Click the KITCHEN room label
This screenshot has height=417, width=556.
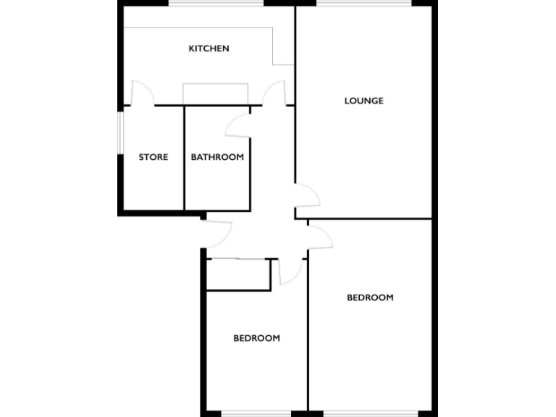tap(208, 49)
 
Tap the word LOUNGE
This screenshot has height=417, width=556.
tap(363, 101)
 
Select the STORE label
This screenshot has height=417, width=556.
tap(153, 157)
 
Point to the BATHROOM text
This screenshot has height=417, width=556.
tap(217, 157)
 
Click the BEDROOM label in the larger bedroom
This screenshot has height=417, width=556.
tap(370, 298)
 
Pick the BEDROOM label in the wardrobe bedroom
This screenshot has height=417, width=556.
tap(256, 338)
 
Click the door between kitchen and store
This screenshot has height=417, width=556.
tap(142, 94)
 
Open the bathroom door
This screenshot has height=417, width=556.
tap(237, 125)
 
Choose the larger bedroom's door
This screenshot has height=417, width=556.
tap(319, 237)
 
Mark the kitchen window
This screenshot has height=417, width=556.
tap(216, 4)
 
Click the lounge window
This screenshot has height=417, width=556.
tap(363, 4)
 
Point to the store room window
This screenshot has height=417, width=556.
tap(120, 132)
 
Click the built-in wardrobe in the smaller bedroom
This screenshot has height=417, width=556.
tap(238, 274)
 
